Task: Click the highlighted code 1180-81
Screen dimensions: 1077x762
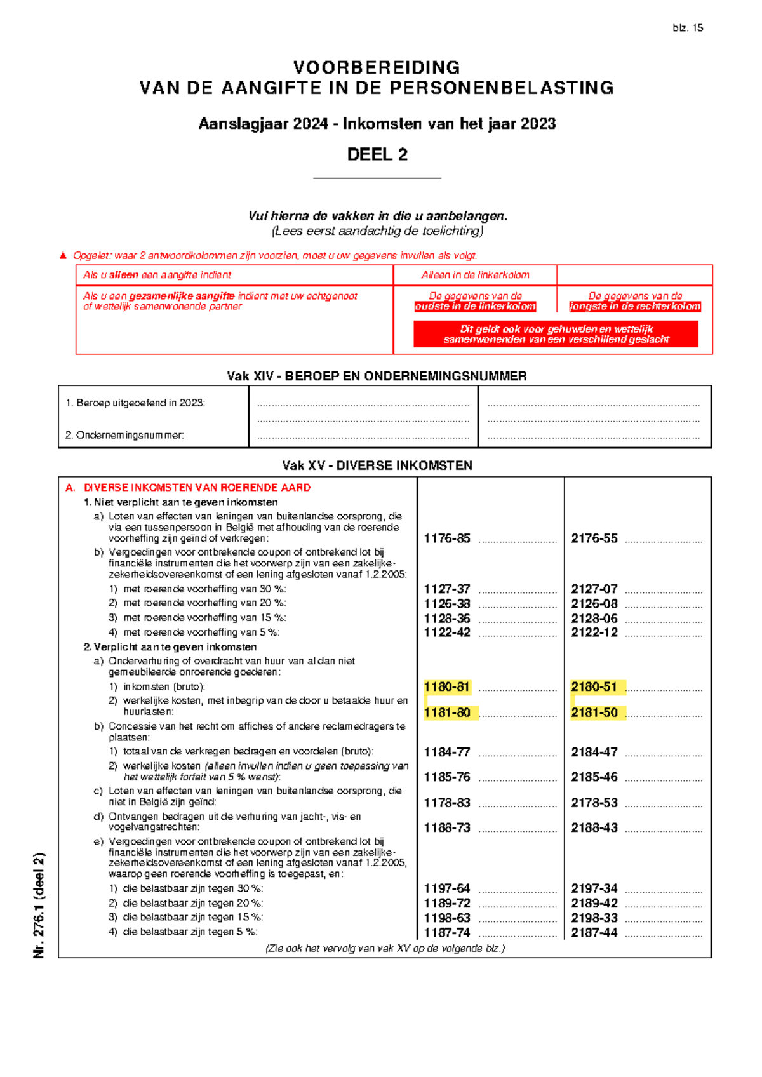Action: coord(447,687)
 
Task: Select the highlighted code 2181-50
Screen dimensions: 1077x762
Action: coord(594,712)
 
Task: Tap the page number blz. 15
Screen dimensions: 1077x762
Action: coord(688,28)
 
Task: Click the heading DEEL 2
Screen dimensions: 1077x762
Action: coord(377,154)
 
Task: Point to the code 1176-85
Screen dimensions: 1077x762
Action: coord(447,538)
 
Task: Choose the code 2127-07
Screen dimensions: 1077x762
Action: coord(594,589)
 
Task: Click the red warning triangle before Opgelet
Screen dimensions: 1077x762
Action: coord(63,256)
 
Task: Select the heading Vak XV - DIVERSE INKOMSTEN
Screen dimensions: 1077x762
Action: coord(377,465)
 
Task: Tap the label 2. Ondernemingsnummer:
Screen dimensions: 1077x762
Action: coord(124,436)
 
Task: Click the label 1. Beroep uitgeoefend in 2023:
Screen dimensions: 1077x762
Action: coord(135,403)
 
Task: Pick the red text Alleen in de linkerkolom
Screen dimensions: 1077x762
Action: coord(475,275)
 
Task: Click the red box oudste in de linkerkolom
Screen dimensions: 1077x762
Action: coord(475,307)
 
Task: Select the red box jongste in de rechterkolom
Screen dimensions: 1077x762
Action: coord(635,307)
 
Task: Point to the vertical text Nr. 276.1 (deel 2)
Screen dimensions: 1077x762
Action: coord(39,905)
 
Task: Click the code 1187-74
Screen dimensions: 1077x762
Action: coord(447,933)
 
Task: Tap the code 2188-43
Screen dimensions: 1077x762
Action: coord(594,828)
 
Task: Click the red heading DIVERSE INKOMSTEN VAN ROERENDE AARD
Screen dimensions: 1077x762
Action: coord(197,488)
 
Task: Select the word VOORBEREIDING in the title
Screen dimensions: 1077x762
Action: coord(377,67)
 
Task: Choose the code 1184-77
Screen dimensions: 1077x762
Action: coord(447,753)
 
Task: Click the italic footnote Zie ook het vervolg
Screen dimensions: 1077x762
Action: coord(385,948)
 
